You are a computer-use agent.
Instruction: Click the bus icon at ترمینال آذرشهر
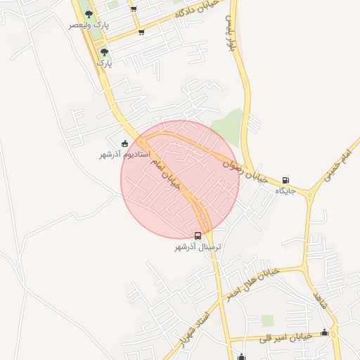(198, 236)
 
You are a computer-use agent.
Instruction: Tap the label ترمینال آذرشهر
(198, 247)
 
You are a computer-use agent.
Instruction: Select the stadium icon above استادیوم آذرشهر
(125, 143)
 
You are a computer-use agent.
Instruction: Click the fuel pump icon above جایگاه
(285, 180)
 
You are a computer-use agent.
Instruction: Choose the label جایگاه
(283, 191)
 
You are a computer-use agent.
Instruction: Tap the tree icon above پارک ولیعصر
(88, 14)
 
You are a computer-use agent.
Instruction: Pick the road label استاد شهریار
(194, 330)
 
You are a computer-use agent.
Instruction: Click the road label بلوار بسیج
(229, 34)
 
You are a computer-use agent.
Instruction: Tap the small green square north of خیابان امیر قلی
(267, 321)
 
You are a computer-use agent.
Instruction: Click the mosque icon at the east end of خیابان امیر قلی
(324, 333)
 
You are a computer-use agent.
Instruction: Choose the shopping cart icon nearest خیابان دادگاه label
(142, 32)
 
